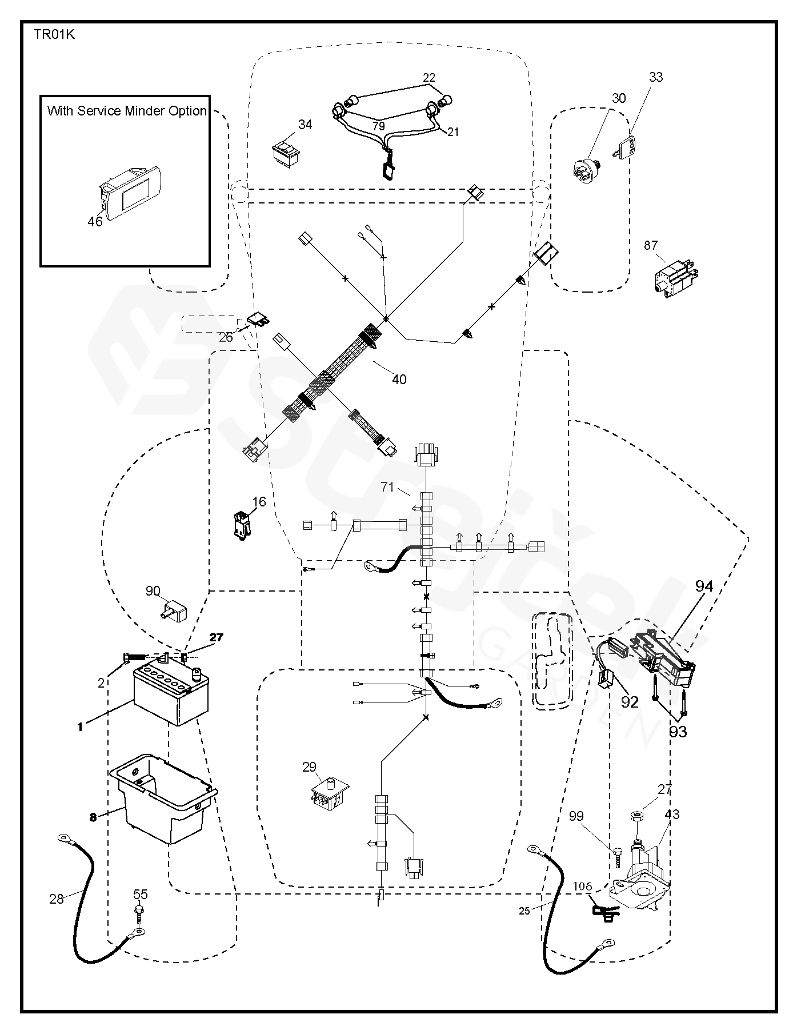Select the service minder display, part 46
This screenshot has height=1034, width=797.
(131, 189)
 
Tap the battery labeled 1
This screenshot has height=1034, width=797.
(171, 695)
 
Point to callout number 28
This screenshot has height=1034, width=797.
(56, 899)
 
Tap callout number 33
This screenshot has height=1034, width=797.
(656, 77)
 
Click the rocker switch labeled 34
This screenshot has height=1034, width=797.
(286, 153)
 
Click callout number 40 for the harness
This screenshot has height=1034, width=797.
(399, 379)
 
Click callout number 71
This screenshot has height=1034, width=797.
(387, 487)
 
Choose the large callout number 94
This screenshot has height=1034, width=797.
(704, 586)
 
